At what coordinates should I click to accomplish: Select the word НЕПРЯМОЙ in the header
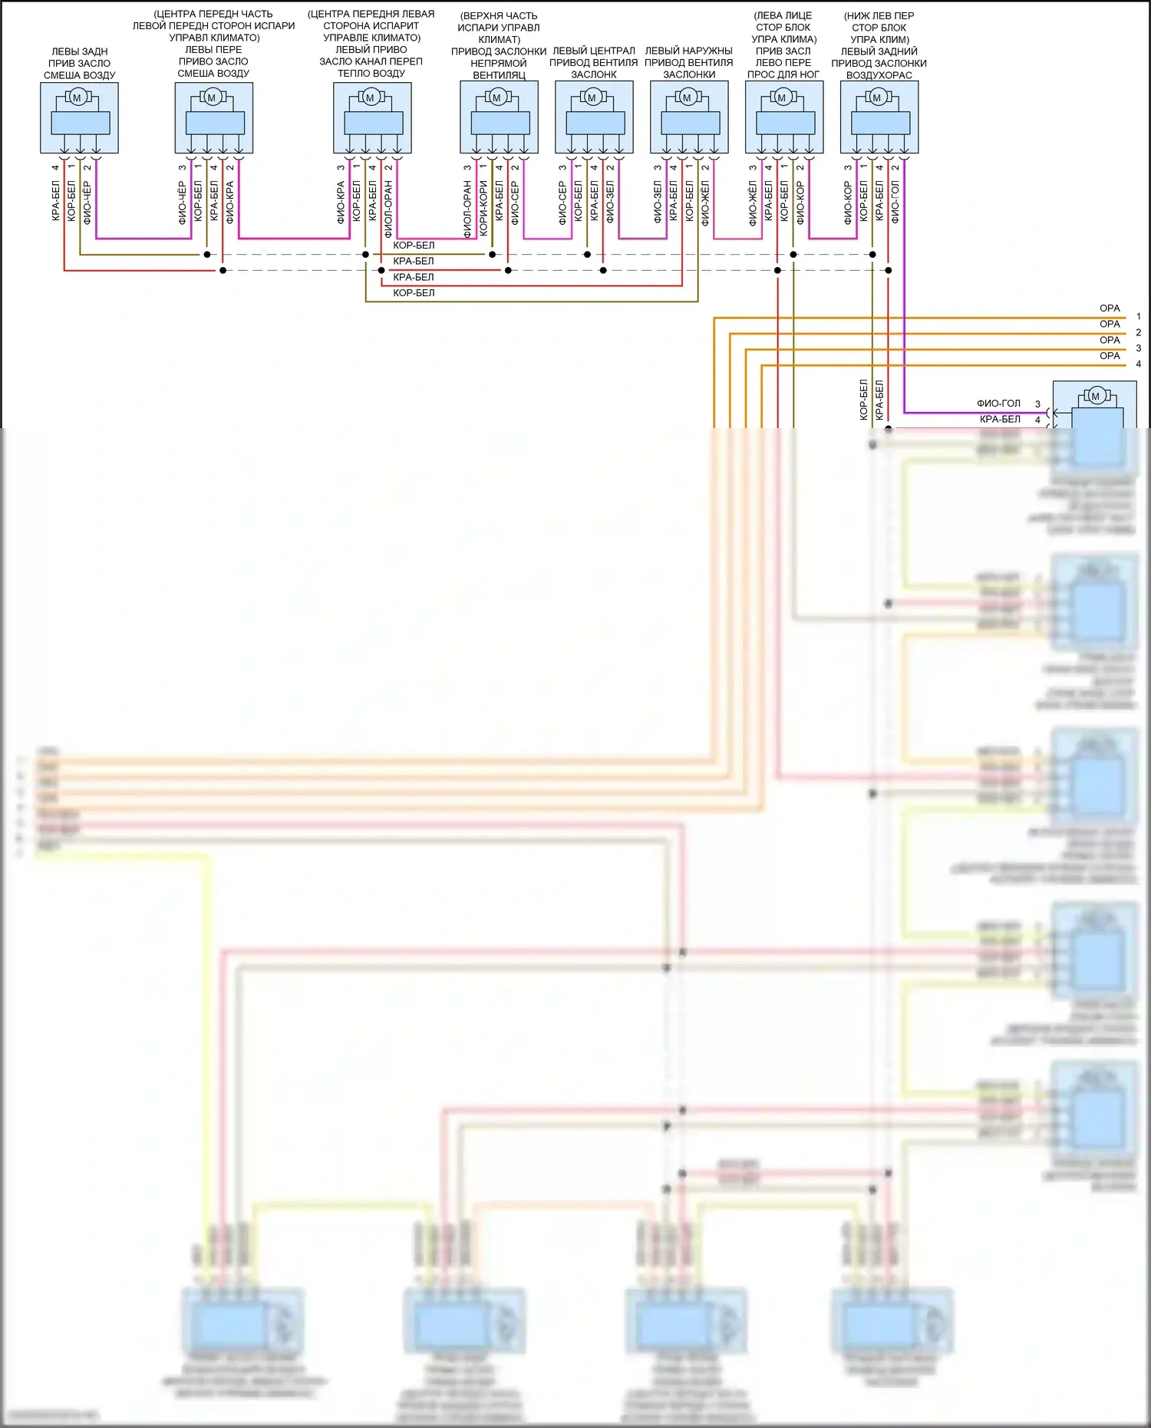click(x=499, y=63)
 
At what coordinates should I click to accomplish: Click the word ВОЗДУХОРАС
click(x=879, y=75)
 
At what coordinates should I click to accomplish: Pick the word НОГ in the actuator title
click(x=809, y=74)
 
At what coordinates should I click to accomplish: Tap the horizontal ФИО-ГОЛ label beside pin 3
click(x=998, y=404)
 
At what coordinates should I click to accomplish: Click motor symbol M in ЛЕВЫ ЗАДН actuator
click(x=77, y=97)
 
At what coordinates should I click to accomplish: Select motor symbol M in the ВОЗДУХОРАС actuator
click(x=877, y=97)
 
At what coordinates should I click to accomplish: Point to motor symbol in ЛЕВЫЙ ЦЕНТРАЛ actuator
click(x=592, y=97)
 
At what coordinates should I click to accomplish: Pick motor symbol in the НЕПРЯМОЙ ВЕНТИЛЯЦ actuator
click(x=496, y=97)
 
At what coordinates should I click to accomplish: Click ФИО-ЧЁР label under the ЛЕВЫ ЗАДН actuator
click(x=87, y=203)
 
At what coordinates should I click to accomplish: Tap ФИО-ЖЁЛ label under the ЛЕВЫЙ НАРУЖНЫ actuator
click(x=705, y=203)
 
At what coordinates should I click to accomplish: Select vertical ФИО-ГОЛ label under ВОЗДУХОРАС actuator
click(x=895, y=203)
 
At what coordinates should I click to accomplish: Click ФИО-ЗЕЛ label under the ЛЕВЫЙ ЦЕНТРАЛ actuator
click(x=610, y=203)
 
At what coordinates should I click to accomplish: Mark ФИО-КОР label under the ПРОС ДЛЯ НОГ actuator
click(x=800, y=203)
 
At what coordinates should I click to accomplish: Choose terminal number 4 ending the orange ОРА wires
click(x=1139, y=364)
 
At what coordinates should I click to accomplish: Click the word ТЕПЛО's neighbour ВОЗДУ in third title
click(x=388, y=74)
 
